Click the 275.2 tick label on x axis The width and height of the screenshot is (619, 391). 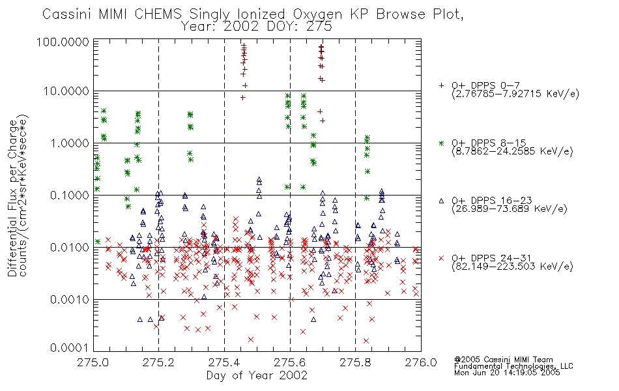click(159, 362)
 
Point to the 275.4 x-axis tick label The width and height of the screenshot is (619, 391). click(224, 362)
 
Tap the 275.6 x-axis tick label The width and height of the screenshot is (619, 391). click(290, 362)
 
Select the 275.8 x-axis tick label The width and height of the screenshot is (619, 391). click(355, 362)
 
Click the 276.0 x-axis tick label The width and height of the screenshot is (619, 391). click(421, 362)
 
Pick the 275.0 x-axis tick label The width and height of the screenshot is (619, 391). click(93, 362)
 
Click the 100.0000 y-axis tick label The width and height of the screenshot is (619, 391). click(63, 42)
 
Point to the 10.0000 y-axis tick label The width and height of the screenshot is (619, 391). click(66, 91)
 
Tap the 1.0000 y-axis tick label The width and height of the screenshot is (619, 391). click(70, 143)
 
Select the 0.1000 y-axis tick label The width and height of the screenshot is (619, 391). click(70, 195)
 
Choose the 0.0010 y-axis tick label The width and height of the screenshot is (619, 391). click(70, 299)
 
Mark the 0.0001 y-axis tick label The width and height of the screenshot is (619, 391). click(70, 347)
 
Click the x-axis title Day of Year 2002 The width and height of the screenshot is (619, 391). click(257, 375)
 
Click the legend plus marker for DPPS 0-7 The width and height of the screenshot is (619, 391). click(441, 85)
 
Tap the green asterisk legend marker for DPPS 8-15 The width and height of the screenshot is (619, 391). click(441, 143)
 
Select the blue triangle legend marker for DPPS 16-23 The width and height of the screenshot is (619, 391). click(441, 201)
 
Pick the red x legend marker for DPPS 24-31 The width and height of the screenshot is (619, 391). click(441, 258)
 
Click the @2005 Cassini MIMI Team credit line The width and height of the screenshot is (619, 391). click(504, 360)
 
